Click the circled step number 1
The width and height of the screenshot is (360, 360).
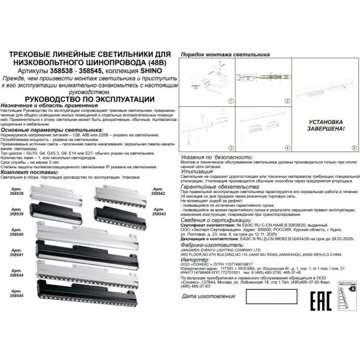(x=229, y=99)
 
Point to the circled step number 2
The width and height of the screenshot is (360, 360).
(x=287, y=99)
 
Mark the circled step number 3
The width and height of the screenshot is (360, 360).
(x=229, y=148)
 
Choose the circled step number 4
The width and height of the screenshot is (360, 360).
(x=287, y=148)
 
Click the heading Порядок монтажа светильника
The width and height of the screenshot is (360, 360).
(x=218, y=55)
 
